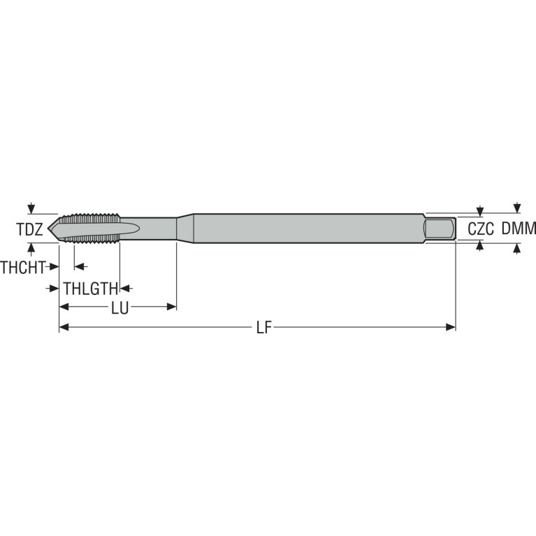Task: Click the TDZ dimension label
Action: click(x=30, y=229)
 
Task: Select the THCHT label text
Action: click(x=23, y=268)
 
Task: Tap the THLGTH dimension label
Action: click(x=91, y=289)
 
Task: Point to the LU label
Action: click(x=119, y=308)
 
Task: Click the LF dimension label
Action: click(x=264, y=328)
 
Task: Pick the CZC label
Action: click(x=481, y=229)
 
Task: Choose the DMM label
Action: click(x=519, y=229)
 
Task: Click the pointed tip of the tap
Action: click(x=48, y=228)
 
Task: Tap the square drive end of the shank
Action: click(x=440, y=228)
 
